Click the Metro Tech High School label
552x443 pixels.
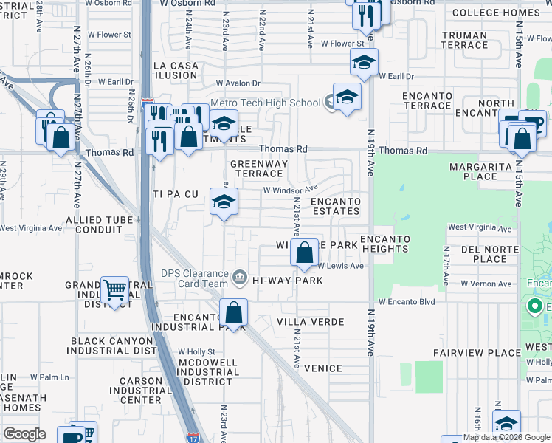click(x=264, y=103)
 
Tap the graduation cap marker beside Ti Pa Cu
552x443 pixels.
click(x=224, y=202)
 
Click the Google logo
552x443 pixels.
click(x=24, y=434)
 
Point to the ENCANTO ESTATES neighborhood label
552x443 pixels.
click(x=335, y=206)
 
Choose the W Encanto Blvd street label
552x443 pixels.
click(x=405, y=301)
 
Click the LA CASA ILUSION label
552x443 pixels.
click(x=176, y=71)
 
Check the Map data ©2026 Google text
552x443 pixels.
click(x=506, y=437)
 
